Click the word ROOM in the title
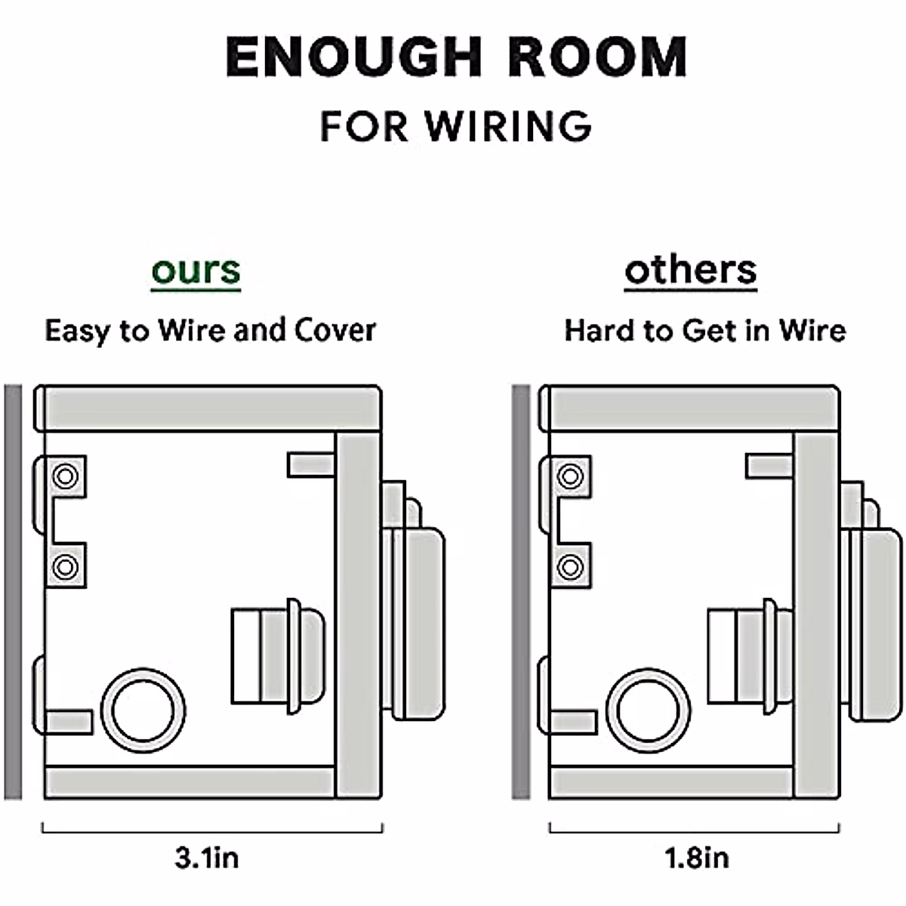click(598, 57)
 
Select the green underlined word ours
click(196, 270)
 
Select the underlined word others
click(690, 270)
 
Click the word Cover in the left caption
click(334, 331)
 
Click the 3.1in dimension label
click(206, 858)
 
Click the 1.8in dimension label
click(696, 858)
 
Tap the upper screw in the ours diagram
click(66, 476)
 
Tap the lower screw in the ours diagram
click(66, 566)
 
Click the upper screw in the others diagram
click(570, 476)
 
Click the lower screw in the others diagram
click(570, 566)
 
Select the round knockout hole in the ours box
click(143, 710)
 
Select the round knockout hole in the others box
click(648, 710)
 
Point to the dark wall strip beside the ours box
click(13, 593)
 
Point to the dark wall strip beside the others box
click(521, 593)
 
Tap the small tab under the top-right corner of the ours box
click(310, 464)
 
